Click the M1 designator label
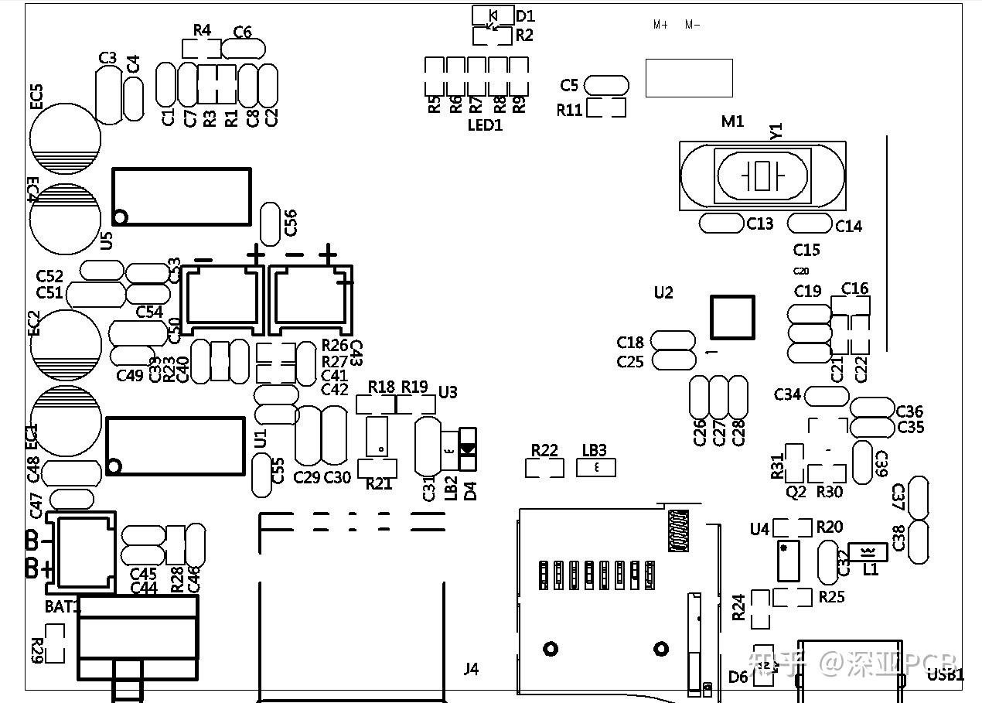click(732, 121)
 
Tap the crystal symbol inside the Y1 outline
click(763, 176)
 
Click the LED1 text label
click(485, 125)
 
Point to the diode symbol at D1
click(493, 15)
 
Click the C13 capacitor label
click(759, 224)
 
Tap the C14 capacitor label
click(848, 226)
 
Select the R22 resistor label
click(544, 450)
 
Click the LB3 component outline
click(596, 467)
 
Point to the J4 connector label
click(471, 669)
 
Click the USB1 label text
click(946, 675)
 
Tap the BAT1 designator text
click(62, 607)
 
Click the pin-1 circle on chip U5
click(120, 217)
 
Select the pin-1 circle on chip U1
click(114, 466)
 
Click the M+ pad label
click(660, 25)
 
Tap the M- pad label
click(692, 25)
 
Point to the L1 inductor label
click(871, 570)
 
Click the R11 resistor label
click(570, 110)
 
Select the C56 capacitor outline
click(270, 224)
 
